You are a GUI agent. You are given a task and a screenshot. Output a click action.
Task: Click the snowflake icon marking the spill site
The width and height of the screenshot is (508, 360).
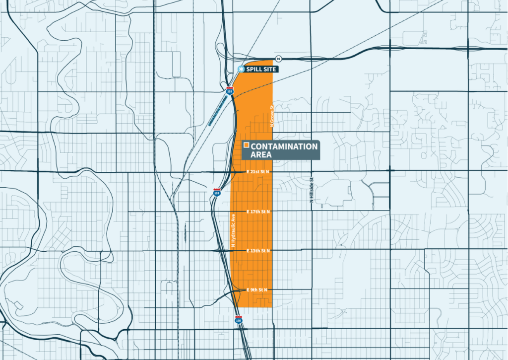click(x=242, y=69)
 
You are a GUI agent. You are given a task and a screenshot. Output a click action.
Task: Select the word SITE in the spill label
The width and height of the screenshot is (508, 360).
click(x=269, y=69)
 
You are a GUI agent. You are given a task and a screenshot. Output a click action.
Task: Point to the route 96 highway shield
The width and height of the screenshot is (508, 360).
click(x=278, y=58)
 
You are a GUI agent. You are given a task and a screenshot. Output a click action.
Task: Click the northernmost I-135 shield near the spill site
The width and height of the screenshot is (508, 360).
click(x=230, y=91)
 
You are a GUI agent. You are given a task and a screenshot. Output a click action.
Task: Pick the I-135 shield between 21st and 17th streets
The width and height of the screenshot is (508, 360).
click(x=217, y=191)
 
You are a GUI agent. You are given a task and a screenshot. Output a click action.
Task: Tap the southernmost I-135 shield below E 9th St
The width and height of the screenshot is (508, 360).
click(x=239, y=320)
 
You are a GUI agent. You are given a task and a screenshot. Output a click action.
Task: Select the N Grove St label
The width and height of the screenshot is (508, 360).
click(x=272, y=116)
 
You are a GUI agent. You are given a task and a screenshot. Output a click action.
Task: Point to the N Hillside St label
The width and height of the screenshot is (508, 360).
click(x=312, y=190)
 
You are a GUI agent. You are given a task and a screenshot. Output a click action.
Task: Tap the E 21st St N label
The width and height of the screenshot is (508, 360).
click(x=258, y=172)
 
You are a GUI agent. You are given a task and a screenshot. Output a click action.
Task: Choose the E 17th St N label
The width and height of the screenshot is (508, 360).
click(x=258, y=212)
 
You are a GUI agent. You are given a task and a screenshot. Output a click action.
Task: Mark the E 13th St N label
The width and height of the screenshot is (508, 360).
click(x=258, y=251)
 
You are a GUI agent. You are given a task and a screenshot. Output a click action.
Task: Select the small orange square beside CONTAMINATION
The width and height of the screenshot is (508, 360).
click(x=247, y=145)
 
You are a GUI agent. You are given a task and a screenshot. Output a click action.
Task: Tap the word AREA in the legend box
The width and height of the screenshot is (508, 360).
click(x=261, y=155)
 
